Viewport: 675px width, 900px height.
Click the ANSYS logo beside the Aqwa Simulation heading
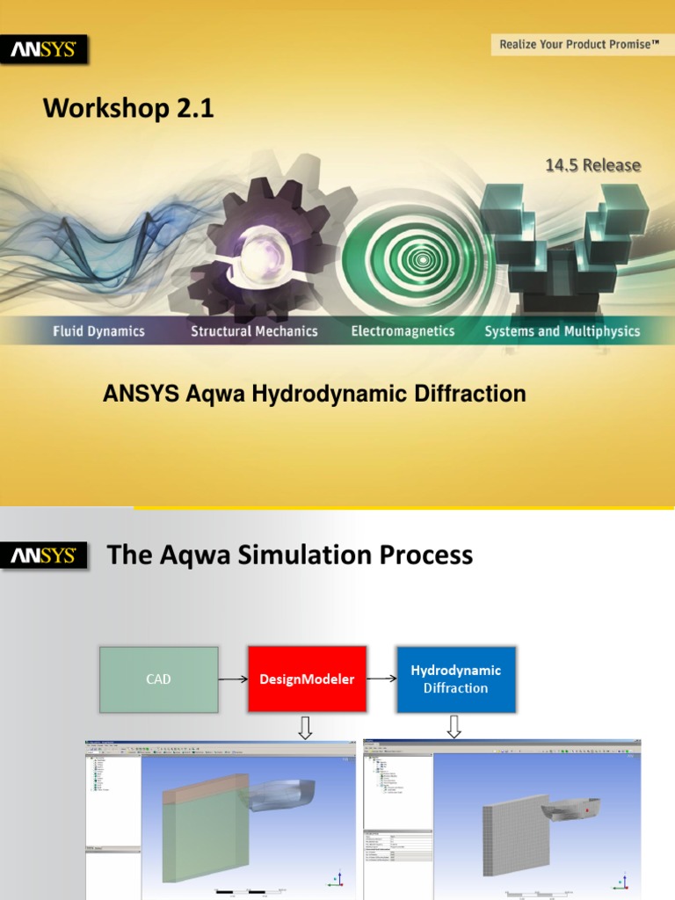[x=43, y=555]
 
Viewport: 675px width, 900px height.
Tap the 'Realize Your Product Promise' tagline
[x=579, y=44]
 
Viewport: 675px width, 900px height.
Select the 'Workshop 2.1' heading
[x=128, y=109]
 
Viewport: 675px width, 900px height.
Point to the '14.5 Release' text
[x=592, y=165]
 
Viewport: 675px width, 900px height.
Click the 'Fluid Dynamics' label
[x=98, y=331]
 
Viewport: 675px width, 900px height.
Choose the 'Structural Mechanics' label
[x=254, y=331]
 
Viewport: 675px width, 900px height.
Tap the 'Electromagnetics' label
[x=403, y=331]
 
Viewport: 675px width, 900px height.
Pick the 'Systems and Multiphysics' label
[x=562, y=331]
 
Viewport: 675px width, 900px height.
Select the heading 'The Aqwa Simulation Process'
[x=289, y=555]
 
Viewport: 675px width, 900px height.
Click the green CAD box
[x=158, y=679]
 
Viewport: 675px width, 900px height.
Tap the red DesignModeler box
[x=307, y=679]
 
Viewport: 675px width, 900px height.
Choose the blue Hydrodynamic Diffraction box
[x=455, y=679]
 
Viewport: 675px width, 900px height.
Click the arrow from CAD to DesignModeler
[x=233, y=679]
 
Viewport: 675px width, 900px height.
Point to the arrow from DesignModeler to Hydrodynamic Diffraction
[x=381, y=679]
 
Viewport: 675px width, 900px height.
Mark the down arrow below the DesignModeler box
[x=306, y=728]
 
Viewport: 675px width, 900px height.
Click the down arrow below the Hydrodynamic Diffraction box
[x=454, y=728]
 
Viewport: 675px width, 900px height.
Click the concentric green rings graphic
[x=423, y=259]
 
